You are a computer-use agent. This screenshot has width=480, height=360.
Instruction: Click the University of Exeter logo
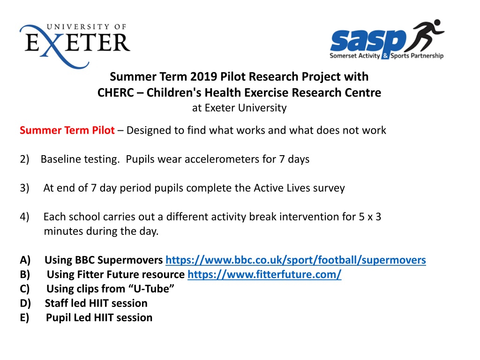pyautogui.click(x=75, y=46)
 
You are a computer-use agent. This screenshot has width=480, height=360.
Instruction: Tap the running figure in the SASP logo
pyautogui.click(x=425, y=36)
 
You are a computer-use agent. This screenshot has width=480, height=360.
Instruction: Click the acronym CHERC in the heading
pyautogui.click(x=116, y=92)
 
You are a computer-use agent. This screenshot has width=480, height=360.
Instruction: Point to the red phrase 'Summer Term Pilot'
pyautogui.click(x=67, y=130)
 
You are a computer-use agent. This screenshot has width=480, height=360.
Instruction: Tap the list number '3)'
pyautogui.click(x=24, y=188)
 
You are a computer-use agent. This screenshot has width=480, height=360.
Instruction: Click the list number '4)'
pyautogui.click(x=24, y=217)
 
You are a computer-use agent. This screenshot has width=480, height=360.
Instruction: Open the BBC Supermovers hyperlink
pyautogui.click(x=296, y=260)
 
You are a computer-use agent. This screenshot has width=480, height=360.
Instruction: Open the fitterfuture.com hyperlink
pyautogui.click(x=264, y=274)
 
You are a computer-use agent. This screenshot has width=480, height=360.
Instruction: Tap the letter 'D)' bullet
pyautogui.click(x=25, y=303)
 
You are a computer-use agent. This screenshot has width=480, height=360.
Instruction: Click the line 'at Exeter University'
pyautogui.click(x=240, y=108)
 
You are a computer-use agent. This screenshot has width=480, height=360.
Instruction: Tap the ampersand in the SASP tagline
pyautogui.click(x=385, y=56)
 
